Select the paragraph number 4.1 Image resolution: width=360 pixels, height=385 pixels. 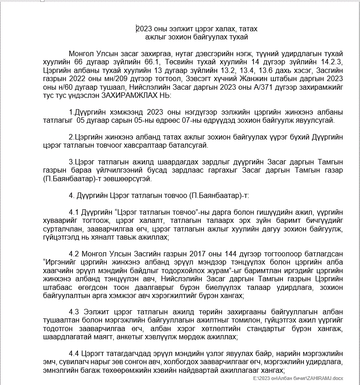click(74, 212)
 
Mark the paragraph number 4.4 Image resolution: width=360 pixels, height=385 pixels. click(74, 354)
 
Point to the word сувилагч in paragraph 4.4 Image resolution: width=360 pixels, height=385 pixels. click(72, 362)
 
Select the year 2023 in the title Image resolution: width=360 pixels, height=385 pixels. click(146, 29)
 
